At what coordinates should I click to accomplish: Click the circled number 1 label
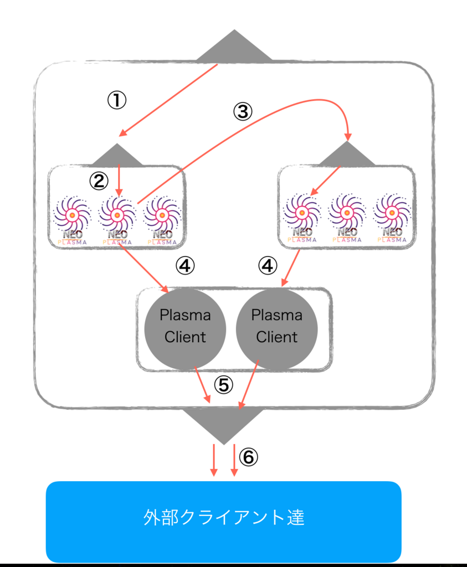[117, 100]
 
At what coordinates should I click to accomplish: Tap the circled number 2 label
[99, 181]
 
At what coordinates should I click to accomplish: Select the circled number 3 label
[242, 111]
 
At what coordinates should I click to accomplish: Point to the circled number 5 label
[224, 384]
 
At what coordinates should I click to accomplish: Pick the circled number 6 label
[249, 457]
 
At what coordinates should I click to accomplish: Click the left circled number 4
[185, 266]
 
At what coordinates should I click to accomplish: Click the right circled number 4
[268, 266]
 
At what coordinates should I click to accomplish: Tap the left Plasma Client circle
[185, 328]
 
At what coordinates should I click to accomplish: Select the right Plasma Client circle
[277, 328]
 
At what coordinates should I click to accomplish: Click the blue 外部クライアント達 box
[224, 522]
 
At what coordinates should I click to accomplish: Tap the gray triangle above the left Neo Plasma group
[117, 156]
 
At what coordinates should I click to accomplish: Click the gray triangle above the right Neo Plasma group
[347, 154]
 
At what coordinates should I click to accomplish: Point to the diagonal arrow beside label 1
[168, 100]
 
